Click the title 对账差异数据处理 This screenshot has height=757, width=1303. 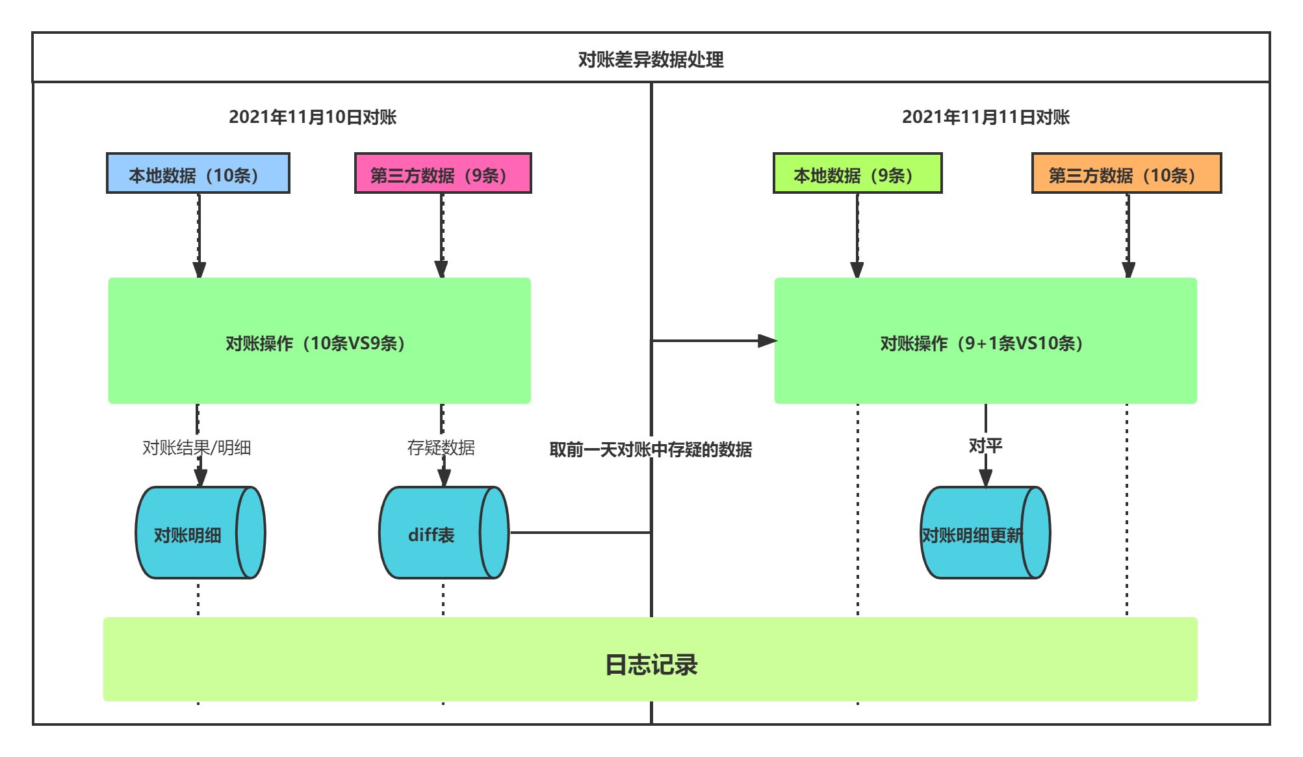point(651,59)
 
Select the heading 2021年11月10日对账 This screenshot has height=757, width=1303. point(313,117)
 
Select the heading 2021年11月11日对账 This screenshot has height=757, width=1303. point(985,117)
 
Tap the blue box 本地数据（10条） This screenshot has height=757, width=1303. point(198,174)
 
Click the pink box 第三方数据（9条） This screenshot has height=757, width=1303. point(443,174)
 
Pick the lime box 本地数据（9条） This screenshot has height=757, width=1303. point(857,174)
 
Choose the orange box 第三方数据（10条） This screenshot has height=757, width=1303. point(1126,174)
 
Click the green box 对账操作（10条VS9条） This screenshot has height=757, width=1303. point(319,341)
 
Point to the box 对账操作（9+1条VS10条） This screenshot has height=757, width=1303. point(985,341)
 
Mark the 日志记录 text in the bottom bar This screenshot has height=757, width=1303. point(651,665)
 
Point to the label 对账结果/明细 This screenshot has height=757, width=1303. point(196,447)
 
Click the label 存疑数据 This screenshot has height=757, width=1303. point(441,447)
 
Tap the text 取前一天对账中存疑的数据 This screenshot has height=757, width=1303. point(651,449)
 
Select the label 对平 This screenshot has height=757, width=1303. point(985,445)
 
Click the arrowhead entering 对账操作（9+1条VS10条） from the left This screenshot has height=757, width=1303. point(768,341)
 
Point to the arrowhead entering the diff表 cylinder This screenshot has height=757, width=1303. point(444,478)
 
